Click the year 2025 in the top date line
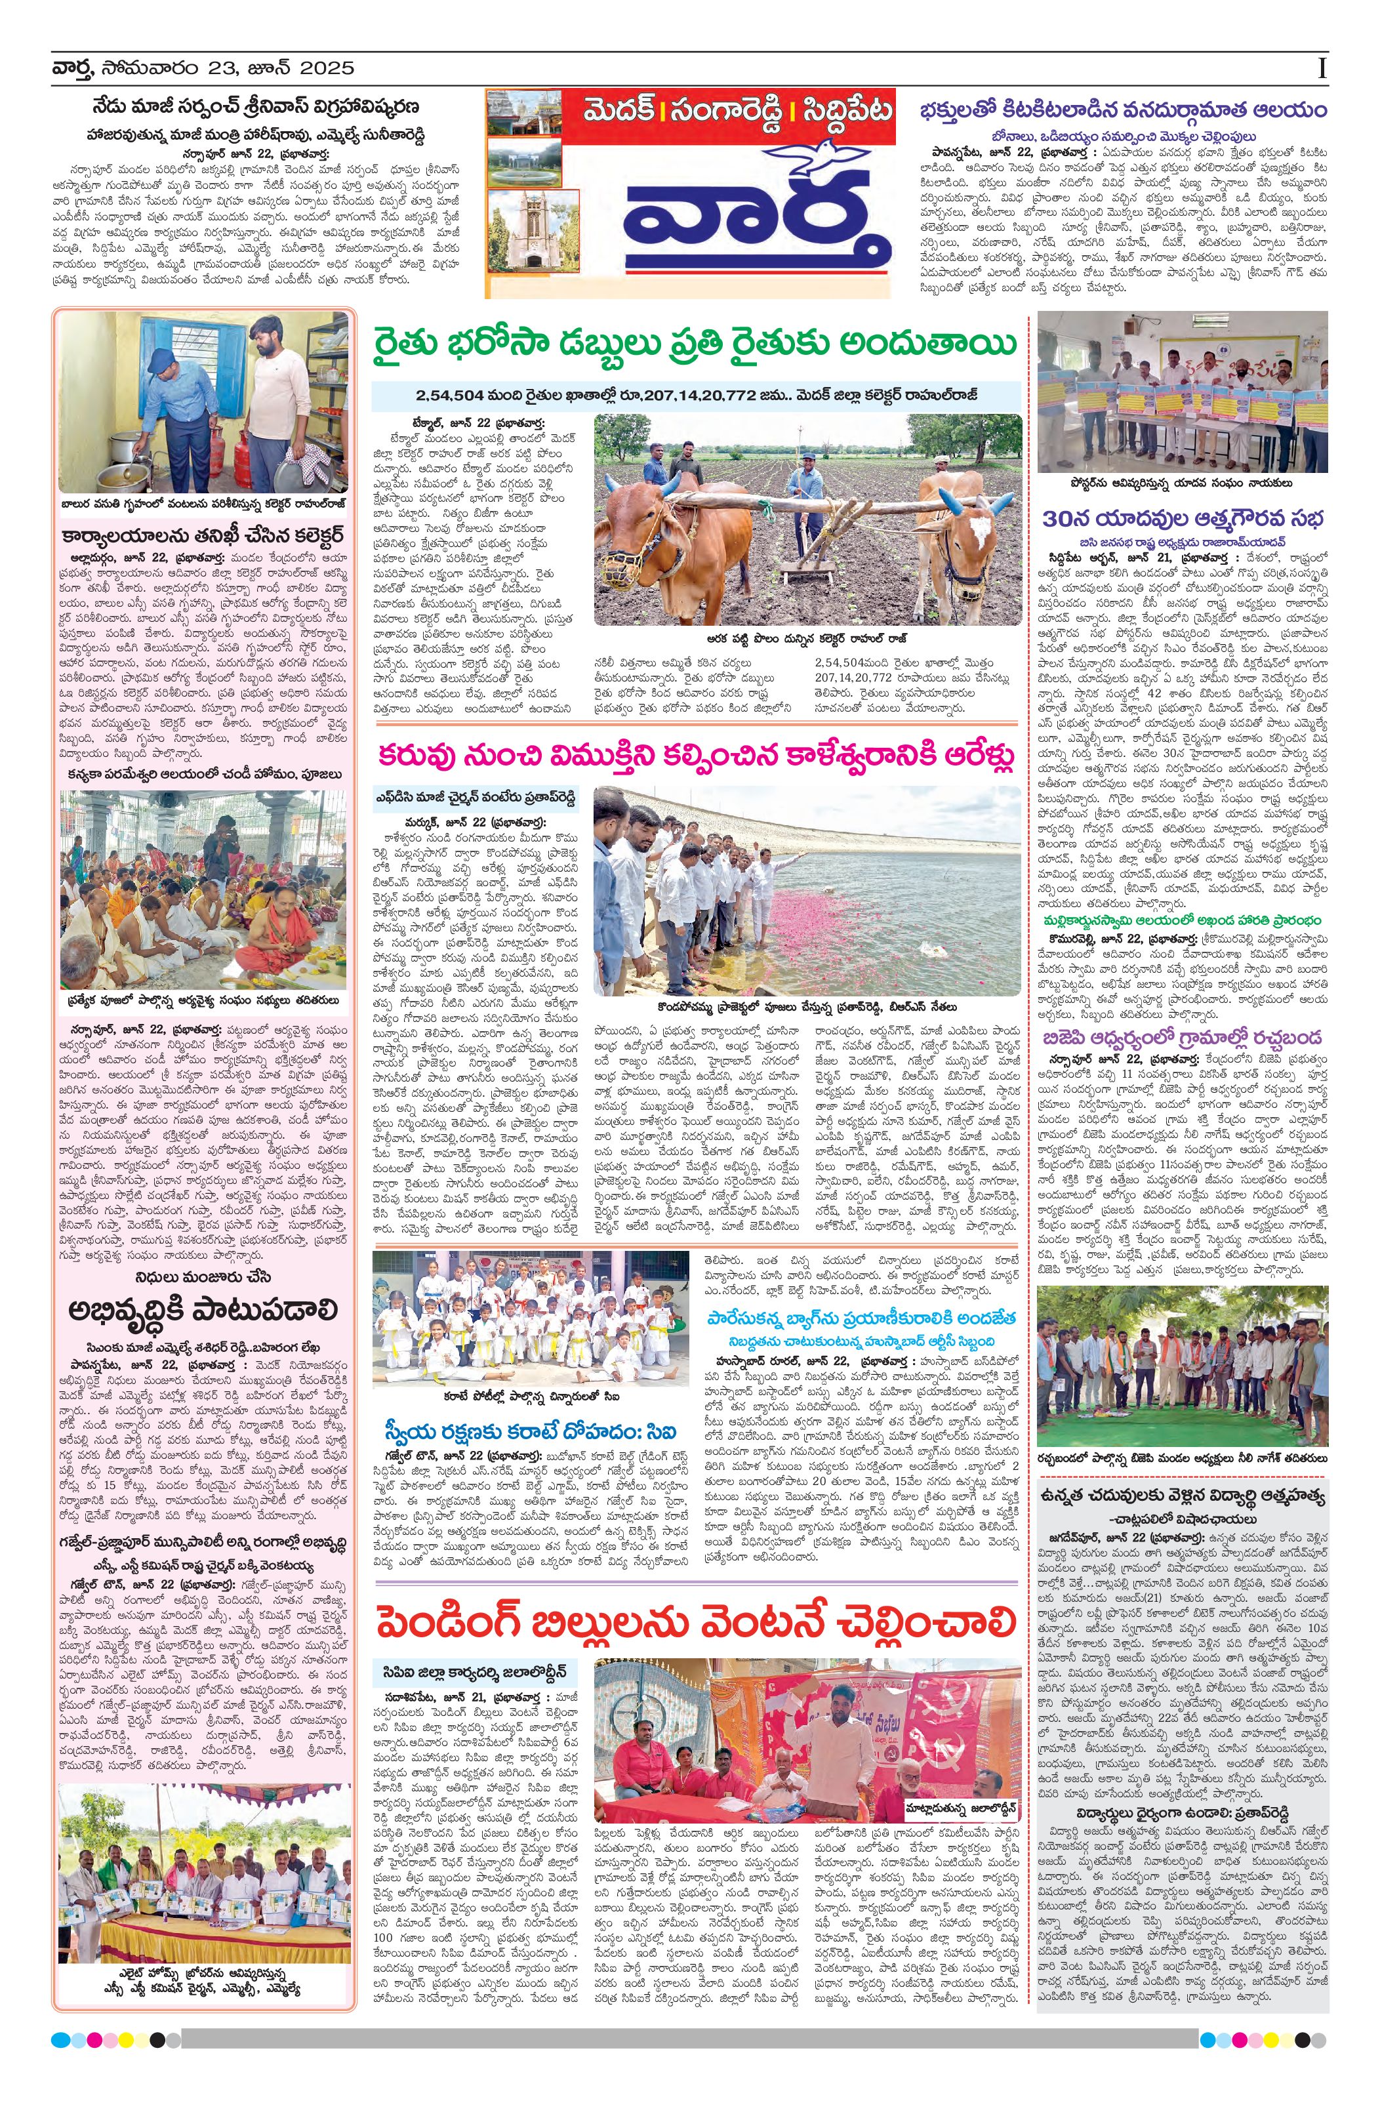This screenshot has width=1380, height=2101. pyautogui.click(x=326, y=68)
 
